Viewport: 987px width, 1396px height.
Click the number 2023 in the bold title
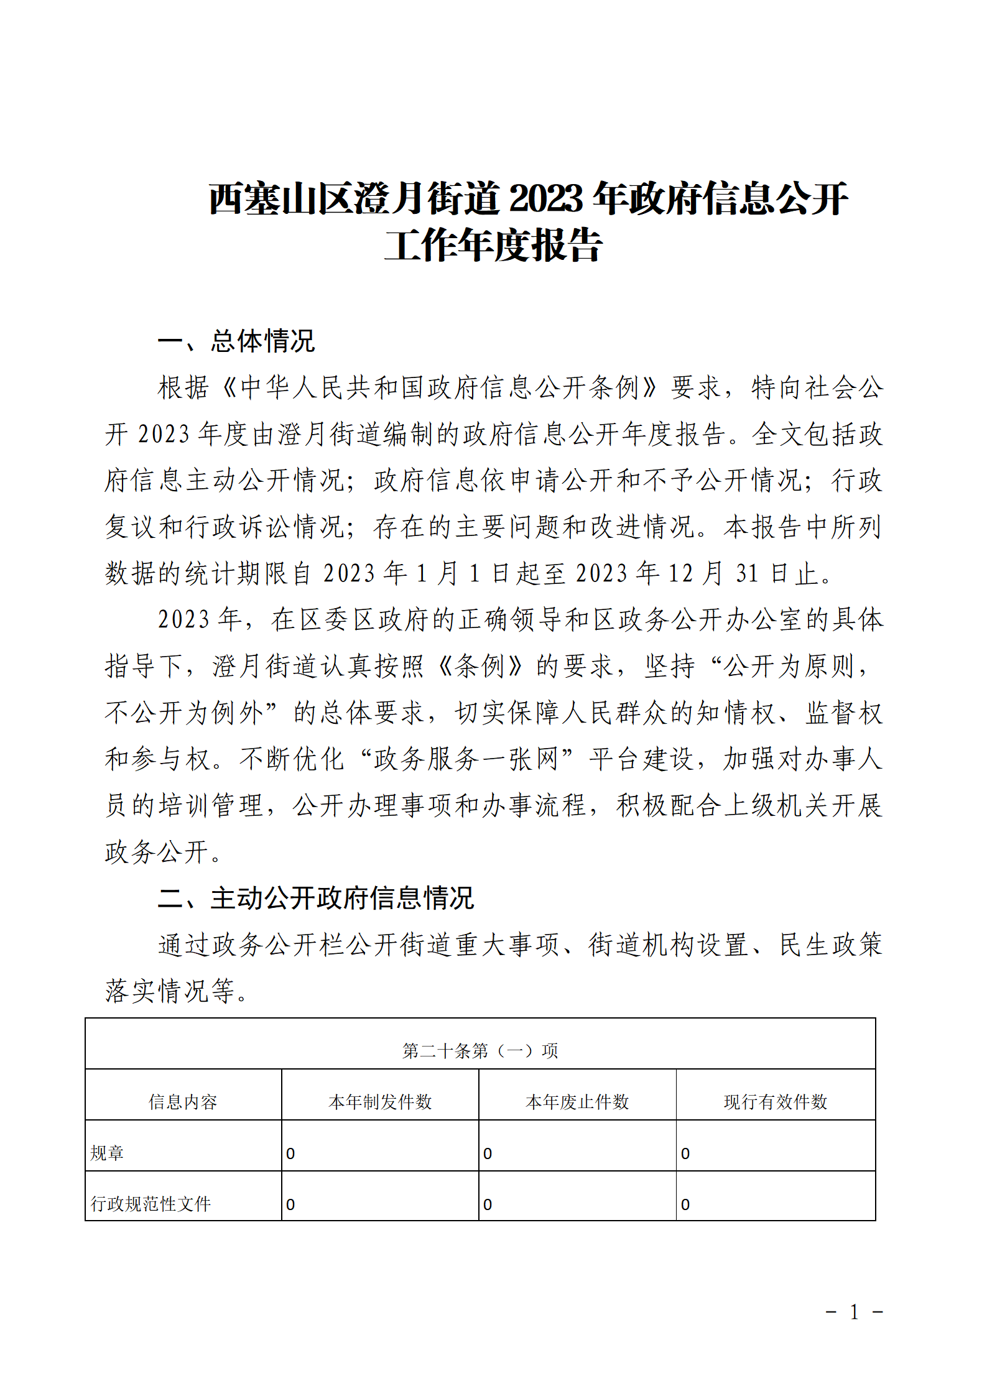(x=546, y=199)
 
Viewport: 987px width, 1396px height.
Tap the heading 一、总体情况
(x=236, y=341)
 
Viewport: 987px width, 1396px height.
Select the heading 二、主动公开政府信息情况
(x=316, y=899)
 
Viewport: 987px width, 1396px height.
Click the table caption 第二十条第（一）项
(x=480, y=1051)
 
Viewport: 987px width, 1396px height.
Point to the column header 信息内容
(x=183, y=1102)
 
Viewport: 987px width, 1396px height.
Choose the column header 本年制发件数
(x=380, y=1102)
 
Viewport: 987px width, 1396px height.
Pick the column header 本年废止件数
(x=577, y=1102)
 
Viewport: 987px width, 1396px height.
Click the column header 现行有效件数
(x=776, y=1102)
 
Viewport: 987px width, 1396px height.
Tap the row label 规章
(x=107, y=1153)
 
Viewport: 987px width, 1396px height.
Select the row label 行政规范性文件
(x=151, y=1204)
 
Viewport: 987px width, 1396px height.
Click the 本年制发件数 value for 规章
(x=290, y=1154)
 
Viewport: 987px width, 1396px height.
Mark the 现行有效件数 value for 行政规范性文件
(x=685, y=1205)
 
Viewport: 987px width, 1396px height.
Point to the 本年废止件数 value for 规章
(x=488, y=1154)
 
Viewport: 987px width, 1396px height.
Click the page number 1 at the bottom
(x=855, y=1312)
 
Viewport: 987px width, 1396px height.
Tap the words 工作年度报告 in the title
(x=493, y=246)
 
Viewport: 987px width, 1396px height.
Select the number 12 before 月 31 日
(x=680, y=573)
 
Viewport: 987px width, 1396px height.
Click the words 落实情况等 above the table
(x=170, y=991)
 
